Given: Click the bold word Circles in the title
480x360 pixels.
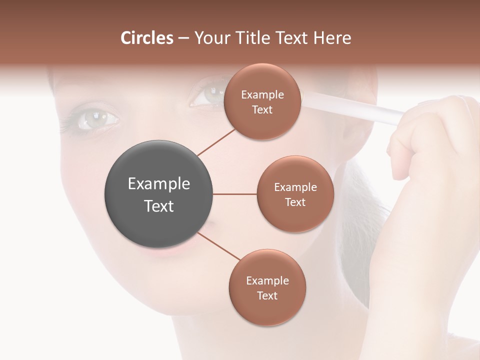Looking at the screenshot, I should [x=146, y=38].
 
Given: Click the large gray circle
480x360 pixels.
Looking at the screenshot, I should [x=159, y=194].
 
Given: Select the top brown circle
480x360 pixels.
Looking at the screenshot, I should [x=262, y=101].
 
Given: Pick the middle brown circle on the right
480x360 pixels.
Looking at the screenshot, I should [x=295, y=194].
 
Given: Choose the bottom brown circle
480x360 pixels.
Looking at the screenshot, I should [x=267, y=287].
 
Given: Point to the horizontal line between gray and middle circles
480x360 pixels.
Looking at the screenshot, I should [x=235, y=194].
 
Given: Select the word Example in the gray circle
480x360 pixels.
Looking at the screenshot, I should [x=159, y=184].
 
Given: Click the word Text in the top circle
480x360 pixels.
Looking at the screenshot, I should [x=262, y=110].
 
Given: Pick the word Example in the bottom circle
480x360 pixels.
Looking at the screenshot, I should [x=267, y=280].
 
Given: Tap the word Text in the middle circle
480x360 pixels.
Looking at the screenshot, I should [x=295, y=202].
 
